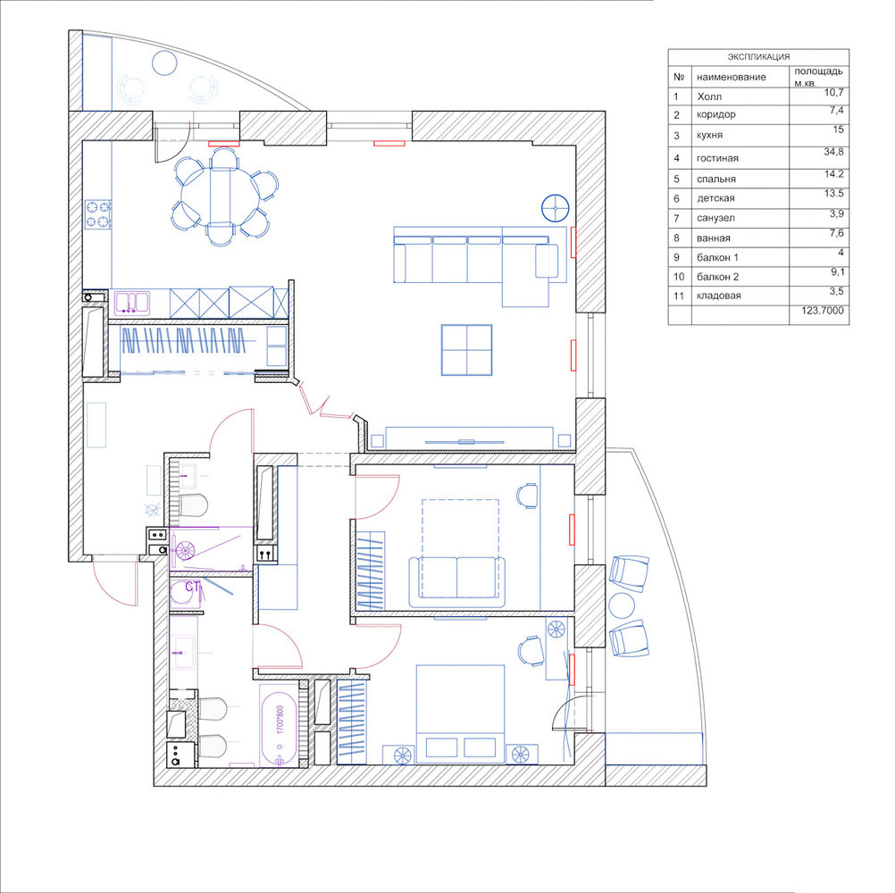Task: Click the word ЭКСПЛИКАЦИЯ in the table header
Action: pyautogui.click(x=758, y=57)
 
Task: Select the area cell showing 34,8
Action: pyautogui.click(x=833, y=152)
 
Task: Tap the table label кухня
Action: pyautogui.click(x=709, y=135)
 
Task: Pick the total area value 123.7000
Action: pyautogui.click(x=823, y=311)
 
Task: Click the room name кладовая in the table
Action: pyautogui.click(x=719, y=296)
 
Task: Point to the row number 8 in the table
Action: pyautogui.click(x=677, y=238)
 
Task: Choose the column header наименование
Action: pyautogui.click(x=732, y=77)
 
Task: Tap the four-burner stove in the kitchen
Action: pyautogui.click(x=98, y=214)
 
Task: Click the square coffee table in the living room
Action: pyautogui.click(x=466, y=350)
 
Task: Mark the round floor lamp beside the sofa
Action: pyautogui.click(x=556, y=207)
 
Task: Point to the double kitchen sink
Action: pyautogui.click(x=132, y=303)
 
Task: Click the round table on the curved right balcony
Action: pyautogui.click(x=621, y=605)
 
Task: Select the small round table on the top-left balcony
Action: pyautogui.click(x=164, y=63)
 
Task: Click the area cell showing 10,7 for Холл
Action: pyautogui.click(x=833, y=93)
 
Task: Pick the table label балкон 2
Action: pyautogui.click(x=717, y=277)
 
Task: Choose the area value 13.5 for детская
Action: pyautogui.click(x=834, y=194)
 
